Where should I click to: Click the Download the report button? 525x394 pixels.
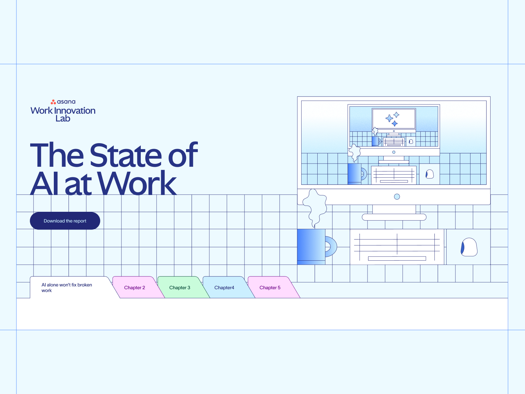click(x=65, y=221)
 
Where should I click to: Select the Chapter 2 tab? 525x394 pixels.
click(x=135, y=288)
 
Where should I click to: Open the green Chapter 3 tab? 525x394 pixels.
click(x=179, y=288)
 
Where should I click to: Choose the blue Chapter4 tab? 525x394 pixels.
click(x=224, y=288)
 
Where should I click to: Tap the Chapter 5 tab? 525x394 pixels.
click(x=270, y=288)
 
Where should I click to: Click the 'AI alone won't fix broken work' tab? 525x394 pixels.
click(x=67, y=288)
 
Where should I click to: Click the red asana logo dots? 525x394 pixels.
click(x=53, y=102)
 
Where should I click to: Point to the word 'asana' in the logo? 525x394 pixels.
click(x=66, y=102)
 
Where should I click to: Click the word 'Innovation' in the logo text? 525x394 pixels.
click(x=75, y=111)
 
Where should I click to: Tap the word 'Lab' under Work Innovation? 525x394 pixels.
click(x=63, y=119)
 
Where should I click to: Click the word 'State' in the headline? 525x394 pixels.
click(x=126, y=155)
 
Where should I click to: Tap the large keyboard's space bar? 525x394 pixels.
click(x=397, y=258)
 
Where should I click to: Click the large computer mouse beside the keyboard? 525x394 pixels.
click(x=469, y=247)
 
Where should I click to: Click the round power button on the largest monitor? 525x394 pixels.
click(x=397, y=197)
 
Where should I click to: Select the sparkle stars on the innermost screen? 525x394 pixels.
click(x=393, y=119)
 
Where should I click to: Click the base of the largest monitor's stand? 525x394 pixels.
click(x=394, y=217)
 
